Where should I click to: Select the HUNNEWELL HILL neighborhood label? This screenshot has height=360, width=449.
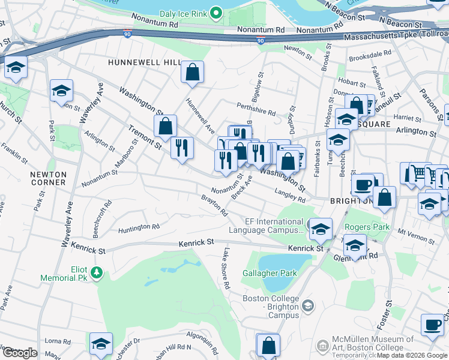click(144, 62)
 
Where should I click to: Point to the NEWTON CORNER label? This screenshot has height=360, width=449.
click(48, 178)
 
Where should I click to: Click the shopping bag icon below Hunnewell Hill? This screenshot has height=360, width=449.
click(193, 73)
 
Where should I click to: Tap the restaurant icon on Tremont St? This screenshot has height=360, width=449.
click(182, 148)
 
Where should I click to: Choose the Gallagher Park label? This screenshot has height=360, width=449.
click(270, 273)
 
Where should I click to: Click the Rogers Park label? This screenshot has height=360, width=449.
click(367, 227)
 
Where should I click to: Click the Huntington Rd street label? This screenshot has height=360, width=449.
click(139, 227)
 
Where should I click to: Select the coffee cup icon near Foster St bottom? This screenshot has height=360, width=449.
click(432, 326)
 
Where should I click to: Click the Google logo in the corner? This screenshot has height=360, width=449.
click(19, 353)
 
